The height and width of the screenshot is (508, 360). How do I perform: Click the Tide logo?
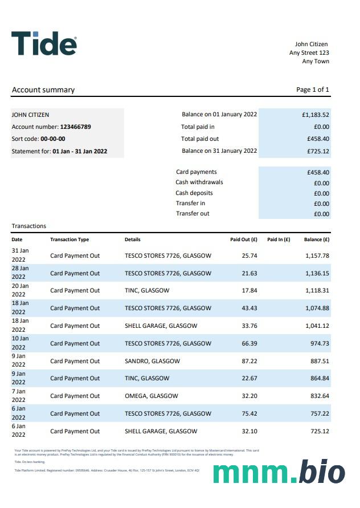click(44, 43)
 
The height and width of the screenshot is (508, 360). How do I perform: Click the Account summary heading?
click(43, 90)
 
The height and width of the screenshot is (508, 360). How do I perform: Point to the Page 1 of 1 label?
click(313, 90)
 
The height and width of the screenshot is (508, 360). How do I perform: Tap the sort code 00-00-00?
click(53, 139)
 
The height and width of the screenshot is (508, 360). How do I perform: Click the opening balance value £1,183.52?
click(316, 115)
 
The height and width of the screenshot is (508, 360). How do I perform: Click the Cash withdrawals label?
click(199, 182)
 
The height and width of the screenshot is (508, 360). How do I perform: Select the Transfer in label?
click(190, 203)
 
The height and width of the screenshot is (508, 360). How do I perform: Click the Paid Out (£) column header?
click(244, 239)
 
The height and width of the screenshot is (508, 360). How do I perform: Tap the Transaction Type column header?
click(69, 239)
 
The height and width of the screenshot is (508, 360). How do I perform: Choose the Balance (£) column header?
click(317, 239)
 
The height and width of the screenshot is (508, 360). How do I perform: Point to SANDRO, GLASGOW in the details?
click(152, 361)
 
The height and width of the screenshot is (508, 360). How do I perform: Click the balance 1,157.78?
click(317, 255)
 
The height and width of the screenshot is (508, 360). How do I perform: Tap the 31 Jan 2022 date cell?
click(20, 255)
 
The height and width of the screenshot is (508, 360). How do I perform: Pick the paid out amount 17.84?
click(249, 290)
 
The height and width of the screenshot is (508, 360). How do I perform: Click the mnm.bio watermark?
click(279, 472)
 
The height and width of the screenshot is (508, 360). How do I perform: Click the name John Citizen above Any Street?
click(311, 44)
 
